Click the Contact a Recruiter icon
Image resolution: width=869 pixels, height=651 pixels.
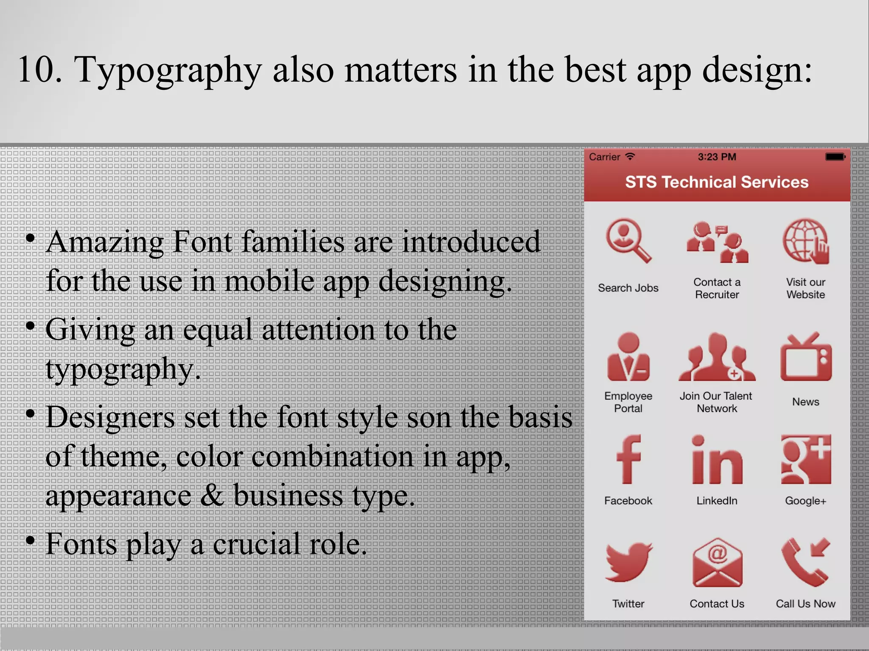click(717, 242)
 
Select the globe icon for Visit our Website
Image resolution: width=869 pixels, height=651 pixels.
click(805, 241)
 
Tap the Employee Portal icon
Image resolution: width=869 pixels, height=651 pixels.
click(628, 357)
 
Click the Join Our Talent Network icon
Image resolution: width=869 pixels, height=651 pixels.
click(717, 357)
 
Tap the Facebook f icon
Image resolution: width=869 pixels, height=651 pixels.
click(628, 459)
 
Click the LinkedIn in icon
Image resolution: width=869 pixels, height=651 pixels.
click(717, 460)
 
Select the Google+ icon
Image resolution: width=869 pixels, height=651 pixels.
click(805, 459)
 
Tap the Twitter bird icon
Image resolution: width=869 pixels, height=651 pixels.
click(628, 562)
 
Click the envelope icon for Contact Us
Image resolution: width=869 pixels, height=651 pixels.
click(717, 563)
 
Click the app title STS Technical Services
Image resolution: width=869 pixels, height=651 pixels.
click(717, 182)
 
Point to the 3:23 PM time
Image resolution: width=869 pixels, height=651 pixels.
click(717, 157)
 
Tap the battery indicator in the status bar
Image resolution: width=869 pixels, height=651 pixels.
click(835, 157)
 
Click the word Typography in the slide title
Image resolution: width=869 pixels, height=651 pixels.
click(168, 70)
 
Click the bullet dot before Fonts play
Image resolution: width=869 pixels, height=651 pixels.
click(30, 540)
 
